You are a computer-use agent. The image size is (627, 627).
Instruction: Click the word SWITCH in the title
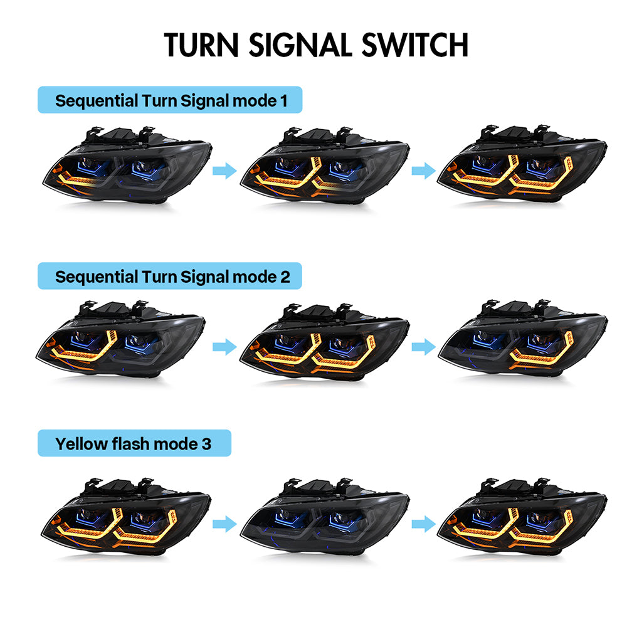[414, 45]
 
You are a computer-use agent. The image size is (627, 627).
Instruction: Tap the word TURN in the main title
[201, 45]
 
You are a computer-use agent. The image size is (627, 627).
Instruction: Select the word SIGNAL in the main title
[300, 45]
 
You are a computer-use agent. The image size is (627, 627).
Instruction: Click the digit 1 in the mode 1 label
[284, 101]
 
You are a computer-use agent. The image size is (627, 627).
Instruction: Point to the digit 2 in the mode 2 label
[285, 277]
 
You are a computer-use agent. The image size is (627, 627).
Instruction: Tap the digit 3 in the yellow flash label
[206, 444]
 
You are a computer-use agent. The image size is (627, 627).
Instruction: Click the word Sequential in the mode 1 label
[96, 102]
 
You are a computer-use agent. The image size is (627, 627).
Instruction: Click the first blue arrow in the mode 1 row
[224, 171]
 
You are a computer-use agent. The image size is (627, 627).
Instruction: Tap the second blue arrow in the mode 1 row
[424, 171]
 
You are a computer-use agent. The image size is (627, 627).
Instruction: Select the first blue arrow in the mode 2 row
[224, 346]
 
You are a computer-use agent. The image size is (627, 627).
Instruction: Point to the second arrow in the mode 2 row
[424, 346]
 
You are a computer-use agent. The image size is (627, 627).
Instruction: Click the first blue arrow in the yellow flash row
[224, 524]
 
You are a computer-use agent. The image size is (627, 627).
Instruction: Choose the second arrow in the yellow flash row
[424, 524]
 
